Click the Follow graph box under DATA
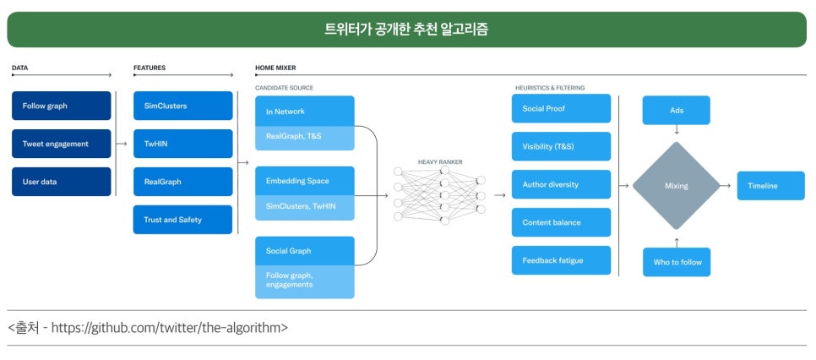pos(62,106)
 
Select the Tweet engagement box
pos(62,144)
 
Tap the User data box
pos(62,182)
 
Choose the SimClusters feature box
pos(182,106)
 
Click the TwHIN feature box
pos(182,144)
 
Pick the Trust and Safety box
pos(182,220)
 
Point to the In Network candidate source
pos(305,112)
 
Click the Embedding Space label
pos(297,181)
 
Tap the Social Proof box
pos(561,108)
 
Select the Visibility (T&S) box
pos(561,146)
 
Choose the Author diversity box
pos(561,184)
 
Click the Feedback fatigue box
pos(561,260)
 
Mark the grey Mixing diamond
pos(676,186)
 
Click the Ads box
pos(677,110)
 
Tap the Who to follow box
pos(677,262)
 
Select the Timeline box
pos(770,186)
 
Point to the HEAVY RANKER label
pos(440,161)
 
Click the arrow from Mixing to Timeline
pos(726,186)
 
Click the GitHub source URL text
pos(169,327)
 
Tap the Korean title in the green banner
pos(406,29)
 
